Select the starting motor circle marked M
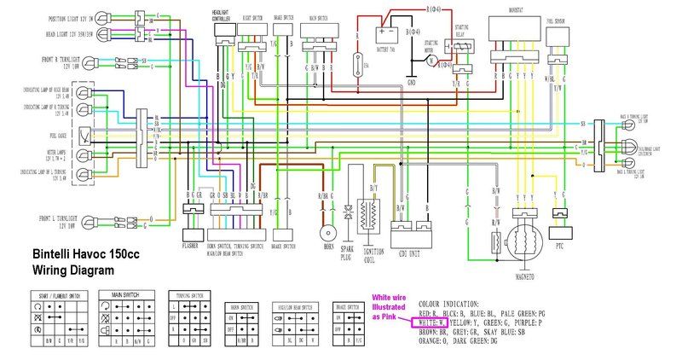coord(432,61)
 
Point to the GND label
coord(412,82)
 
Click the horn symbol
coord(325,233)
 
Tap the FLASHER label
coord(190,245)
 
